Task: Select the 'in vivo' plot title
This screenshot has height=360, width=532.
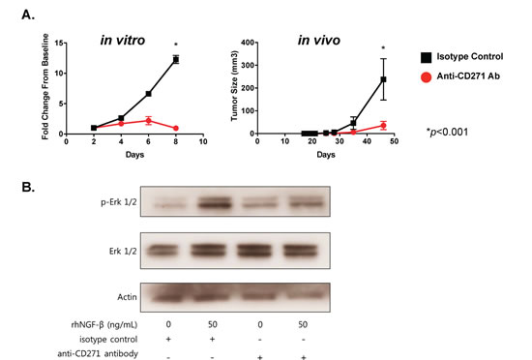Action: point(321,41)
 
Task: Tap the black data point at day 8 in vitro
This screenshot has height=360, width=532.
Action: point(175,59)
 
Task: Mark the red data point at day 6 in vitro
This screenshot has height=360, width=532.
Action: point(148,120)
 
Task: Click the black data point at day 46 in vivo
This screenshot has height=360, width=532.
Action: point(383,79)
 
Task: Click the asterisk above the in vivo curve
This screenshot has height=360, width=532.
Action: point(383,48)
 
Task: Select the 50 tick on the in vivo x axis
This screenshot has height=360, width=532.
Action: point(398,142)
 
